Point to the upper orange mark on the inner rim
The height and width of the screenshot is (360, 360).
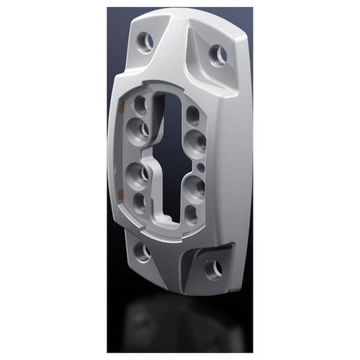[123, 108]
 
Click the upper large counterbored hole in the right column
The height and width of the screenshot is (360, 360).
[194, 139]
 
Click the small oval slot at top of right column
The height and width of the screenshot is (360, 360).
[193, 114]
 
